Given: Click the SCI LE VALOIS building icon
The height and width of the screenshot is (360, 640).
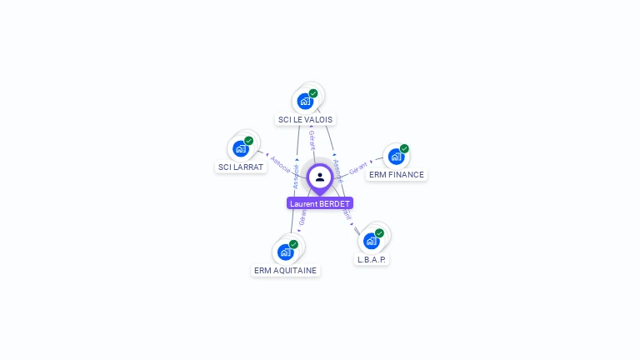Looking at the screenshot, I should [305, 101].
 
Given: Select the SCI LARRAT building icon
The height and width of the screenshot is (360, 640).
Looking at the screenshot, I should [241, 148].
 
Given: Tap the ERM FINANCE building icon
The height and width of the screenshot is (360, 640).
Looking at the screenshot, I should [396, 156].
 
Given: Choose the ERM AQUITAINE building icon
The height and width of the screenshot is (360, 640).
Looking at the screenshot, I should [286, 252].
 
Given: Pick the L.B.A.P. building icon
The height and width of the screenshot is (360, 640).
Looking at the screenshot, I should [372, 241].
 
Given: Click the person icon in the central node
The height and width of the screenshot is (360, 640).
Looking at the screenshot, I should [320, 177].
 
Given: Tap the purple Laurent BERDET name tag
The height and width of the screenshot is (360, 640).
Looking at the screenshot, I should [320, 203].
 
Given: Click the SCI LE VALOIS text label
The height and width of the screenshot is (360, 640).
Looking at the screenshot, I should [305, 120].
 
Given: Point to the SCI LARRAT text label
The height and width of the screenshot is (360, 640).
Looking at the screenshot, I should [241, 167].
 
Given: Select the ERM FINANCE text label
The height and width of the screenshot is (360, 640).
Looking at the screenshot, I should [397, 175].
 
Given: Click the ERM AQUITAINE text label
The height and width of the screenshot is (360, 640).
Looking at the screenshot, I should [286, 271].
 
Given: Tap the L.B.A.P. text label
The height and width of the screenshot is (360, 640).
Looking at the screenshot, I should [372, 260].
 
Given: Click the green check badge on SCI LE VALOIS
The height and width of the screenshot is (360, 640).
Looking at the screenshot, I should [313, 93].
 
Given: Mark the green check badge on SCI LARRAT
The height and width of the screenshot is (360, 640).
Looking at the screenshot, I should [248, 141].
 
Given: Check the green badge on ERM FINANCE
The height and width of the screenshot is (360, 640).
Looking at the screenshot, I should [404, 148].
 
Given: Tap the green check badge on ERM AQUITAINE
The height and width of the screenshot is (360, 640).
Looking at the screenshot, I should [293, 244].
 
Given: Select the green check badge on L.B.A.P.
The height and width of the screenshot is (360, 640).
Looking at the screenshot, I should [379, 233].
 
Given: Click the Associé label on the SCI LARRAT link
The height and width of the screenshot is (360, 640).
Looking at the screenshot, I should [280, 163].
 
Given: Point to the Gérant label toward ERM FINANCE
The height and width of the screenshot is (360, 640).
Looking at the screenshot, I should [358, 167].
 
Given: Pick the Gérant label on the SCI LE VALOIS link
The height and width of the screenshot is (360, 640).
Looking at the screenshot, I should [312, 139].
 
